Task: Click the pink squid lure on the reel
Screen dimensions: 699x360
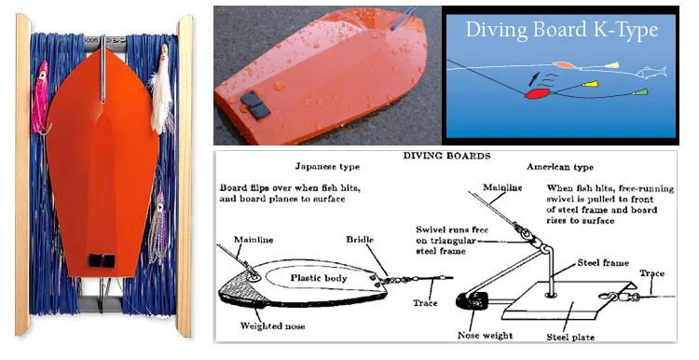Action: pyautogui.click(x=41, y=97)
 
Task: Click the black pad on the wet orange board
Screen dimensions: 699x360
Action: pyautogui.click(x=255, y=104)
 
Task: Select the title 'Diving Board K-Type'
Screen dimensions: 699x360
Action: pyautogui.click(x=562, y=30)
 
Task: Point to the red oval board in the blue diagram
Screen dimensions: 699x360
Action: pyautogui.click(x=537, y=93)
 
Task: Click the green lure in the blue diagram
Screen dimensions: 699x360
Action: pyautogui.click(x=640, y=92)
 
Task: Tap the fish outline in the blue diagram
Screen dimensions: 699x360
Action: pyautogui.click(x=651, y=72)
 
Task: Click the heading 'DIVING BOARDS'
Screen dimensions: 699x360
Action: pyautogui.click(x=446, y=156)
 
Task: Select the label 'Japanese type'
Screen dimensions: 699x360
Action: pyautogui.click(x=327, y=166)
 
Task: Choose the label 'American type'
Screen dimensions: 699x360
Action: pyautogui.click(x=560, y=167)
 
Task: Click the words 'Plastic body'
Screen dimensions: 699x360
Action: pyautogui.click(x=319, y=278)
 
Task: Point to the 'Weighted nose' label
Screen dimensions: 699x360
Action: pyautogui.click(x=272, y=325)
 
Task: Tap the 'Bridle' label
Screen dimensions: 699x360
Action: pyautogui.click(x=360, y=240)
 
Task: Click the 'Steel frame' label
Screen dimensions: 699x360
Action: pyautogui.click(x=603, y=263)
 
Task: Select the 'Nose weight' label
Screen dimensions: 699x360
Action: pyautogui.click(x=485, y=336)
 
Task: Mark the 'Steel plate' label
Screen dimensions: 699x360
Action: pyautogui.click(x=570, y=338)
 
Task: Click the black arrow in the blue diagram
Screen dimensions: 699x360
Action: pyautogui.click(x=533, y=78)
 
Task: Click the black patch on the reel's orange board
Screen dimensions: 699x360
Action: pyautogui.click(x=102, y=260)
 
